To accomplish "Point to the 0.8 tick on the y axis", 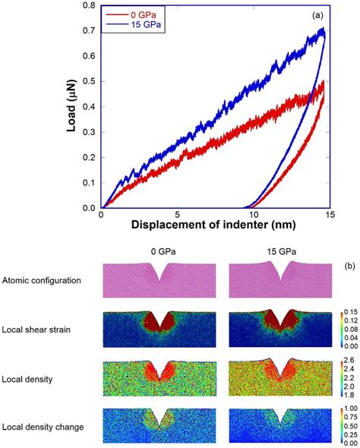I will pos(90,6).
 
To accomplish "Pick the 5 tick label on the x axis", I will pos(177,215).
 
